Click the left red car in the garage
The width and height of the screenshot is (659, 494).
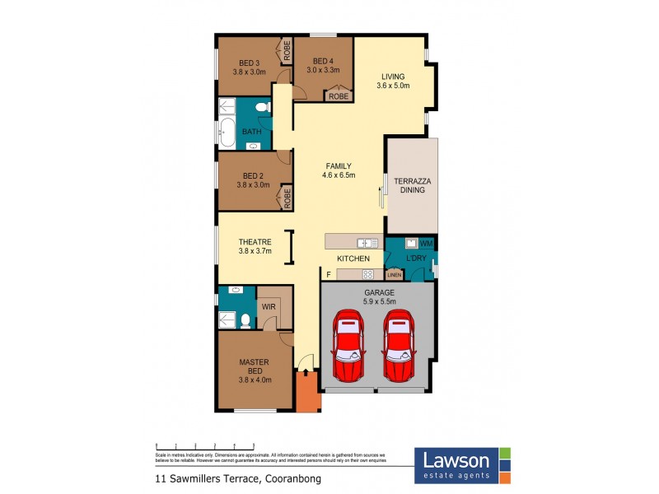point(349,347)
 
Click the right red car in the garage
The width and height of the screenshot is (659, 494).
point(400,347)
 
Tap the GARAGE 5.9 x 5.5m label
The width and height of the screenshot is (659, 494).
point(380,297)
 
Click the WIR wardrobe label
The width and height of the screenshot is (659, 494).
point(269,306)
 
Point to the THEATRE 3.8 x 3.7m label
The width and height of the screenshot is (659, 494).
point(255,246)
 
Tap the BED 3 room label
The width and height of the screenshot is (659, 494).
point(250,67)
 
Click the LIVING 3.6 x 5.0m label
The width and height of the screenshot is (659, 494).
point(393,80)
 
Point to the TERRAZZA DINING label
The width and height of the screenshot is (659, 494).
point(412,184)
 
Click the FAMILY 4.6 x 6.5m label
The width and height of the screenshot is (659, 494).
point(338,170)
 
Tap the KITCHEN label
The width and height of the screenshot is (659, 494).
point(353,259)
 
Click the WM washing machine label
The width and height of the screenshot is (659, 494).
point(426,244)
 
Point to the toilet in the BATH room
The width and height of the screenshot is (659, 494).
point(263,108)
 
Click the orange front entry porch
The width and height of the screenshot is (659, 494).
point(307,392)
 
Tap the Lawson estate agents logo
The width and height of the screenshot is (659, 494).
point(462,464)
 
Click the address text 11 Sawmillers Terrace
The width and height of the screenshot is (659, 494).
point(232,478)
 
